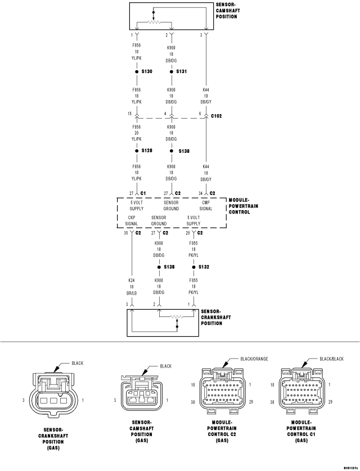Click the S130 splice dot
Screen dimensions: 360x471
(x=137, y=71)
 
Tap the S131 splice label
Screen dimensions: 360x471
(x=181, y=71)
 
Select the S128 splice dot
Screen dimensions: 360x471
(x=137, y=151)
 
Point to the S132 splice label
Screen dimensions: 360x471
(x=204, y=267)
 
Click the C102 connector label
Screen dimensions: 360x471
(x=217, y=116)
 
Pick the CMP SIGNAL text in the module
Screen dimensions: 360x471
(x=206, y=206)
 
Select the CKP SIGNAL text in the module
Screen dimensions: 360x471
(x=131, y=220)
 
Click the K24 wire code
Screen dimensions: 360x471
(x=131, y=280)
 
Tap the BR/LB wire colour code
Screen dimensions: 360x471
(x=131, y=293)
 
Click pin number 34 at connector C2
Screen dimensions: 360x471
(x=200, y=193)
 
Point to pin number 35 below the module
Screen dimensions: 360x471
(x=125, y=233)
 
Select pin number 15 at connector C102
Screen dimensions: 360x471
(x=129, y=114)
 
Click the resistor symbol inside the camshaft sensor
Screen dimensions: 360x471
(x=154, y=22)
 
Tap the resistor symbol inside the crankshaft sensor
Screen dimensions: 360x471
(x=177, y=316)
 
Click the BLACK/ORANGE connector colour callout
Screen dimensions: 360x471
(x=254, y=359)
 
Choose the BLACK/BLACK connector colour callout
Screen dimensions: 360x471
(x=332, y=359)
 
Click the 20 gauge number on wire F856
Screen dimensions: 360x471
(x=137, y=133)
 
